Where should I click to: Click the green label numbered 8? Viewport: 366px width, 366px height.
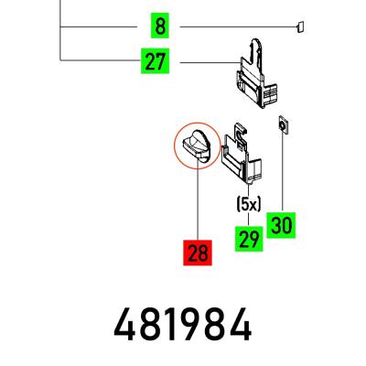click(x=160, y=26)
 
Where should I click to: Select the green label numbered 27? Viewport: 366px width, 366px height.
click(x=155, y=61)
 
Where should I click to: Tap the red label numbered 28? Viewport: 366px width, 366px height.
click(x=198, y=253)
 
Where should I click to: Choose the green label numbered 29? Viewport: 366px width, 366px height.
click(x=249, y=239)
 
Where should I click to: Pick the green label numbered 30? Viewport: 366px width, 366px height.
click(x=281, y=225)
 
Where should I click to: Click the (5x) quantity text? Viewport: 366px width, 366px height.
click(x=249, y=205)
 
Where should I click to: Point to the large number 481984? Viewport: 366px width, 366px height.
click(x=182, y=324)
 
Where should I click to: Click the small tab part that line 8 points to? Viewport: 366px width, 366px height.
click(x=300, y=27)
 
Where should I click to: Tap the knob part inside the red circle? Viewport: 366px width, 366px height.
click(x=196, y=144)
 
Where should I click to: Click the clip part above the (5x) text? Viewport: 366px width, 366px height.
click(x=242, y=153)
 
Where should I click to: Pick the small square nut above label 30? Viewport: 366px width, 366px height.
click(x=283, y=125)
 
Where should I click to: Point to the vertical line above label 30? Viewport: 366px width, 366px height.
click(x=283, y=173)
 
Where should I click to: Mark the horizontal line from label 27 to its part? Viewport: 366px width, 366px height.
click(x=210, y=62)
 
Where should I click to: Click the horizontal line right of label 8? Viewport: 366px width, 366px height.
click(x=238, y=27)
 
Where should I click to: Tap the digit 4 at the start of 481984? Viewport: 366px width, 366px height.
click(x=124, y=324)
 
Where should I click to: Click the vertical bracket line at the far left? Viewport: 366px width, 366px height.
click(x=60, y=30)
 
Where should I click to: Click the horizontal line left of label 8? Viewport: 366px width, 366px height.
click(x=99, y=27)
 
